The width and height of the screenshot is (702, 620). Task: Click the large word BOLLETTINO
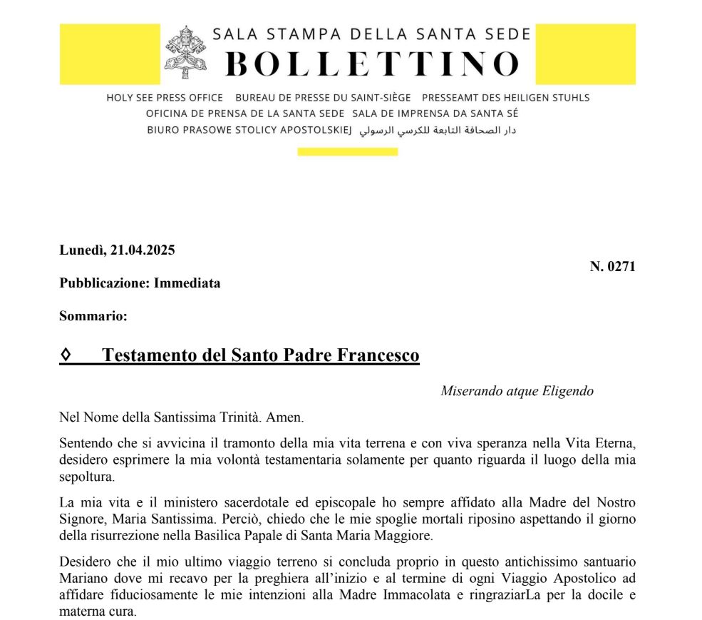tap(372, 63)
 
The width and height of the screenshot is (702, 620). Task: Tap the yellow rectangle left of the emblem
tap(110, 54)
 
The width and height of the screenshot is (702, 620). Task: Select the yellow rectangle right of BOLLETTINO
tap(584, 54)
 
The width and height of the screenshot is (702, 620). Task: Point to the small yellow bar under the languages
tap(347, 151)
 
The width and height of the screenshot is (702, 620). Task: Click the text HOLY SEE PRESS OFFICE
tap(165, 98)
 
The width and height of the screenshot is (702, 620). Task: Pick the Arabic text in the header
tap(437, 131)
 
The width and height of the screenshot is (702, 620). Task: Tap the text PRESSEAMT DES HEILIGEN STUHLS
tap(506, 98)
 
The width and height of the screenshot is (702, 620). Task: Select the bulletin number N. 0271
tap(612, 267)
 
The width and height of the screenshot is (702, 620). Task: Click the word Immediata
tap(187, 283)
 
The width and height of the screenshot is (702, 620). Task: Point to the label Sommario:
tap(93, 316)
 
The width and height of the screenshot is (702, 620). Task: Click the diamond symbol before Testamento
tap(66, 355)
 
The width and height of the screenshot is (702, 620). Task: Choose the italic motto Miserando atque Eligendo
tap(517, 391)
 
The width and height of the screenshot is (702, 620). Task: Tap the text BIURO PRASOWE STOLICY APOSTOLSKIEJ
tap(249, 131)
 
